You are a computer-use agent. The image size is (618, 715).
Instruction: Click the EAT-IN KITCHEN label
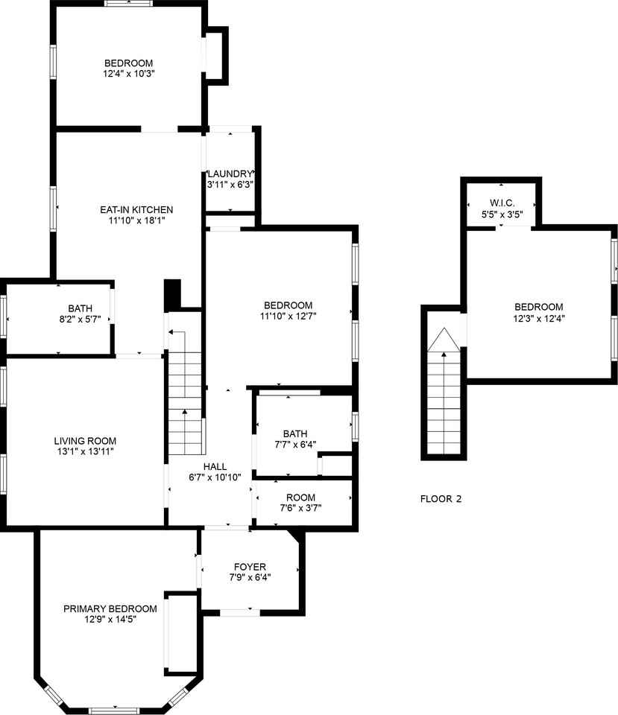click(x=136, y=209)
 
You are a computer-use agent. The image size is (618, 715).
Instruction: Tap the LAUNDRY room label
click(x=230, y=174)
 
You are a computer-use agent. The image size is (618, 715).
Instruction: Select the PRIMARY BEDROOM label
click(x=110, y=608)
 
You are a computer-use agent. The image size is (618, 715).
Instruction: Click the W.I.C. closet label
click(x=500, y=203)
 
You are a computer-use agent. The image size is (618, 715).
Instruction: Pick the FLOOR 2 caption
click(x=441, y=499)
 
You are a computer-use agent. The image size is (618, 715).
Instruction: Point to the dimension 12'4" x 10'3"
click(x=129, y=74)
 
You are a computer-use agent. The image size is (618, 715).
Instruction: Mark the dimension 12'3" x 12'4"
click(x=538, y=318)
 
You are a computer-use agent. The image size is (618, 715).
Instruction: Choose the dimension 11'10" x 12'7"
click(x=288, y=317)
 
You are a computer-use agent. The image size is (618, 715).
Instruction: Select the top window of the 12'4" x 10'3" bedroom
click(x=129, y=4)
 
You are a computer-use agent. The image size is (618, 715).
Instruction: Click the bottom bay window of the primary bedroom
click(x=115, y=709)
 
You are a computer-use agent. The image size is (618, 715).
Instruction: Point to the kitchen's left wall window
click(x=54, y=209)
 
